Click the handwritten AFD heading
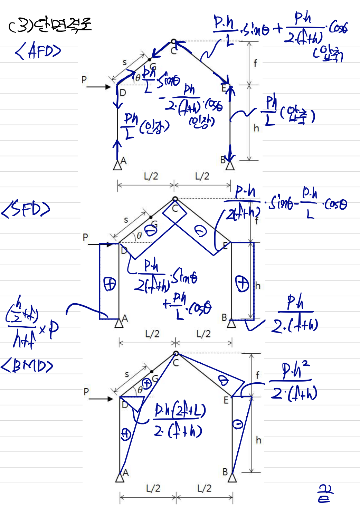coord(38,51)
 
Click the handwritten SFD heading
coord(26,209)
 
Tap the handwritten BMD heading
coord(27,366)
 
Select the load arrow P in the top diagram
coord(98,87)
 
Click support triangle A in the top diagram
coord(117,165)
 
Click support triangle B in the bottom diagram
coord(233,478)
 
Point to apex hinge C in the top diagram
coord(174,41)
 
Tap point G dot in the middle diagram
coord(151,217)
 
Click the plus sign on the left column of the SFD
coord(110,284)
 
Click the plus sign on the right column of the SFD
coord(242,284)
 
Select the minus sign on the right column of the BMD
coord(238,424)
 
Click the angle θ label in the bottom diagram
coord(140,390)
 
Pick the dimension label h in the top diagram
coord(256,128)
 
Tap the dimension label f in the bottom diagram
coord(257,375)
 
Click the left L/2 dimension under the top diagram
coord(151,176)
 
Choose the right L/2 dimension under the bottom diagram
coord(204,488)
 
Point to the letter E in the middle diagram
coord(225,246)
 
